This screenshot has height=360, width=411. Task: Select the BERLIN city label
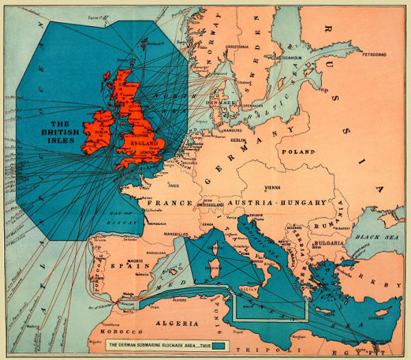tap(238, 140)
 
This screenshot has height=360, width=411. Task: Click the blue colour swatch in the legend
tap(219, 343)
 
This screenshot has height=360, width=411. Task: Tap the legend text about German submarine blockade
tap(158, 343)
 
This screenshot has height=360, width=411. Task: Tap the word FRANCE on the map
tap(164, 204)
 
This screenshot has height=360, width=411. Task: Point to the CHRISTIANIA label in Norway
tap(238, 47)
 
